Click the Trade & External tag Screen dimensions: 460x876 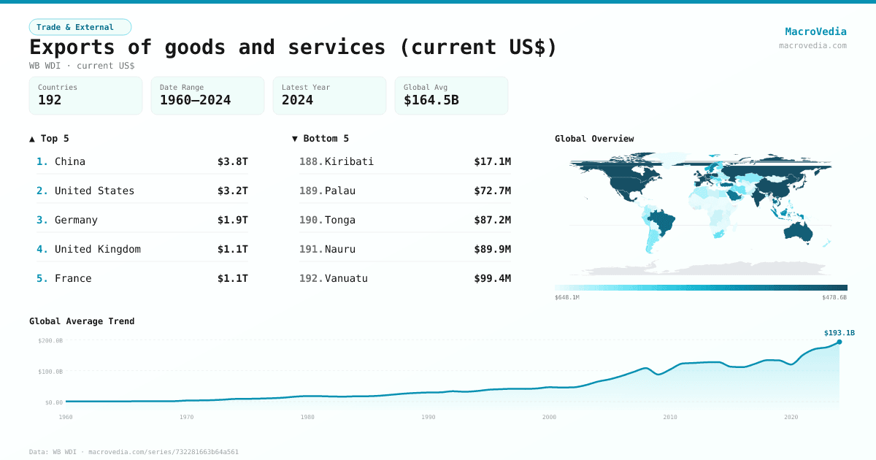[x=80, y=27]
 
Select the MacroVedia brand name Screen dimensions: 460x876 [x=815, y=31]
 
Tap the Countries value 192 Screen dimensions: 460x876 [x=50, y=100]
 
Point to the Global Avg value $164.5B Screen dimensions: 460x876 [x=431, y=100]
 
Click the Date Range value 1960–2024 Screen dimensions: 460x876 [x=195, y=100]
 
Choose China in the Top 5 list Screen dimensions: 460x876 [x=70, y=161]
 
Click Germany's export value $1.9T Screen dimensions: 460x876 [x=232, y=220]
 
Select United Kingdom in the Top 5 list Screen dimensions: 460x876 [x=97, y=249]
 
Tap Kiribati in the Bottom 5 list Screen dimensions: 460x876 [x=349, y=161]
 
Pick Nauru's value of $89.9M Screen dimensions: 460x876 [x=492, y=249]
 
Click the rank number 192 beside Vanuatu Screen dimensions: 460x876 [x=310, y=278]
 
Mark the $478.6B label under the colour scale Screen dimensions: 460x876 [x=834, y=297]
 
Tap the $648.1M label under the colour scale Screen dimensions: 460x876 [x=567, y=297]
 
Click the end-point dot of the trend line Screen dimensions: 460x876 [x=839, y=342]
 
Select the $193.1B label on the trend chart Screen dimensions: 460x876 [x=839, y=333]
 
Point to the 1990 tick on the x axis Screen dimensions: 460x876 [x=429, y=417]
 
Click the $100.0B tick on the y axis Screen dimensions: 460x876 [x=50, y=372]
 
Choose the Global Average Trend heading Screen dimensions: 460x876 [x=82, y=321]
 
